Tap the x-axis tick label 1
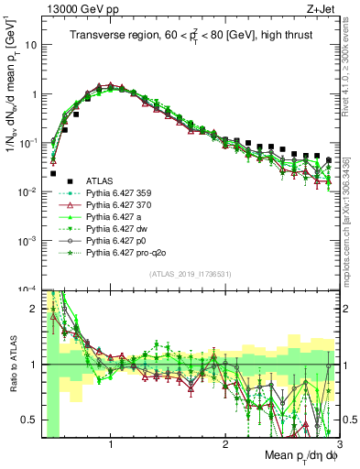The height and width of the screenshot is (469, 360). (111, 444)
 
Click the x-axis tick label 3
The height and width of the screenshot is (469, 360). (339, 444)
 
